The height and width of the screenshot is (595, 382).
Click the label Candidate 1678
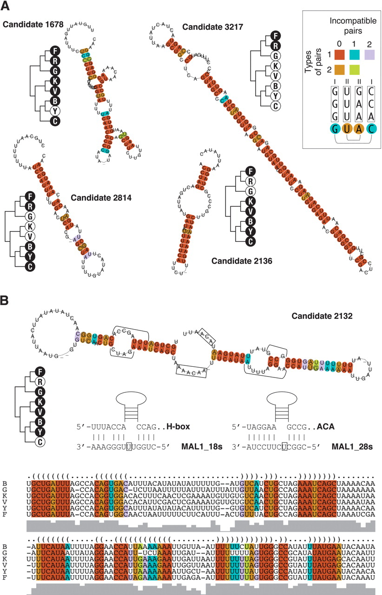[x=33, y=23]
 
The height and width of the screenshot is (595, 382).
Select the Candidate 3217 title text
[x=212, y=27]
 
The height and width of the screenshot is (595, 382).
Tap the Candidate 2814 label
[x=101, y=198]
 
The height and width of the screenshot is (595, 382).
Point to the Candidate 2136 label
[x=242, y=261]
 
